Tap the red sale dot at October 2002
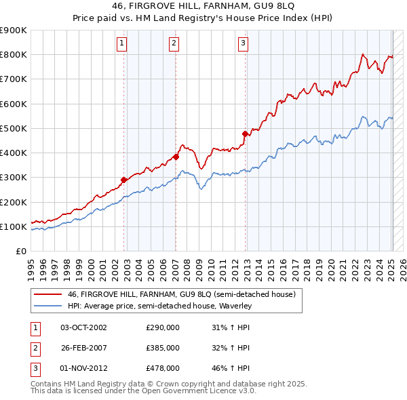pyautogui.click(x=124, y=180)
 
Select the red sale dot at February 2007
pyautogui.click(x=176, y=157)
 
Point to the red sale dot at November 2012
pyautogui.click(x=246, y=134)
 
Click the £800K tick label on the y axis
pyautogui.click(x=14, y=55)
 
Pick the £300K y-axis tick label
pyautogui.click(x=14, y=178)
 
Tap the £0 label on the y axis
pyautogui.click(x=20, y=252)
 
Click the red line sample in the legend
pyautogui.click(x=47, y=295)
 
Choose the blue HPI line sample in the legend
pyautogui.click(x=47, y=306)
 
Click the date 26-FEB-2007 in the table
pyautogui.click(x=83, y=348)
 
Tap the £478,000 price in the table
pyautogui.click(x=163, y=368)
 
